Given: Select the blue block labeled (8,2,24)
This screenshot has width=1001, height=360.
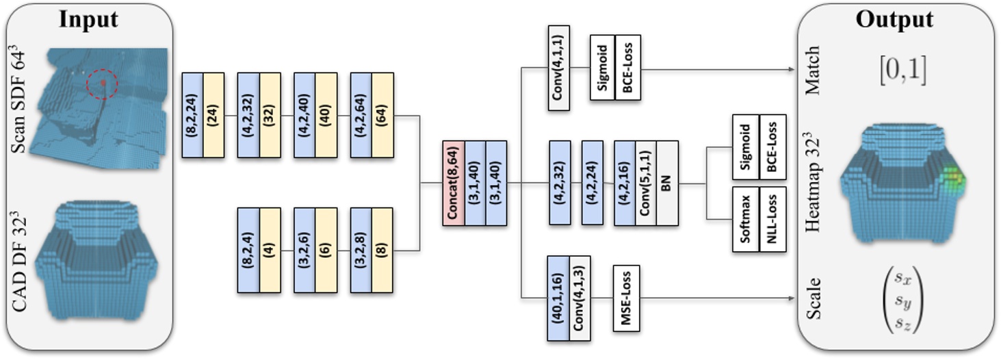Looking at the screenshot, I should (192, 115).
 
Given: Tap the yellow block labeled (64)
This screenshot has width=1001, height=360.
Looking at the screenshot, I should (383, 115).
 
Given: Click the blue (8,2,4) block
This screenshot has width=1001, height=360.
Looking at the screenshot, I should (248, 250).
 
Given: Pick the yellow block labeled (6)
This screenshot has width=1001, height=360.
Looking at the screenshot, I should (326, 250).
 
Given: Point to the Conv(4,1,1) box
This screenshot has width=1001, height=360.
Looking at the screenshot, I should (558, 68).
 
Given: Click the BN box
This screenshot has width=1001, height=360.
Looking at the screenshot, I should (667, 183).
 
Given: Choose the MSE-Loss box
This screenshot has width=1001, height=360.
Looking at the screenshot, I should (626, 298).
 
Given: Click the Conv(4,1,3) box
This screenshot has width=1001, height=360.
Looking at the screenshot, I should (580, 298).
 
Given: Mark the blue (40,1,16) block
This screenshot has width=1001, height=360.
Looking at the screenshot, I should (558, 298).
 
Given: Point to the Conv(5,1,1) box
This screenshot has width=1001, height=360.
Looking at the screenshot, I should (646, 183).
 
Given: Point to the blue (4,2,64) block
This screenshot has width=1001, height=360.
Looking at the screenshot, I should (361, 115).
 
